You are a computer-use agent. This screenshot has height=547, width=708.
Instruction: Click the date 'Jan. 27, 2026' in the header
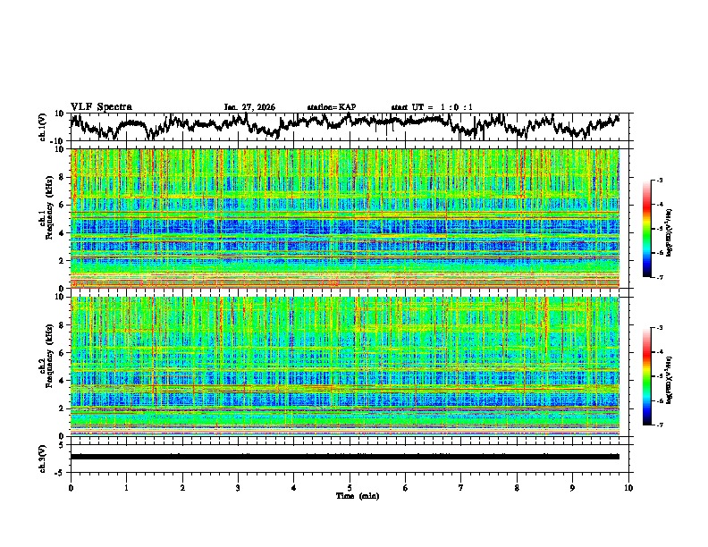249,107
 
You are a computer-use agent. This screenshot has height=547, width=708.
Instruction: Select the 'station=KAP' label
332,107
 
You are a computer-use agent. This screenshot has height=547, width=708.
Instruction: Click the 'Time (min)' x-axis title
350,495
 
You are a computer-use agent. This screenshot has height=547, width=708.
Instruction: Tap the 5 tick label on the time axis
350,487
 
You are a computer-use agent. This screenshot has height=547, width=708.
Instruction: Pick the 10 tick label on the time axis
628,487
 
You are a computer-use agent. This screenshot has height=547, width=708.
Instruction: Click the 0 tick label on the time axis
71,487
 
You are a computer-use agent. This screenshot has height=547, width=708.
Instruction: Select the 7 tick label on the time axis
461,487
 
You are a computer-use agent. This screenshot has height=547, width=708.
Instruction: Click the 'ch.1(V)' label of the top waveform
43,127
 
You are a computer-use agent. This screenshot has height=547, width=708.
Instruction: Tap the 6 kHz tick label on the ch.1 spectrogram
62,206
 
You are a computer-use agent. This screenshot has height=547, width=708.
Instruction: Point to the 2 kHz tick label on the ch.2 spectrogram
62,408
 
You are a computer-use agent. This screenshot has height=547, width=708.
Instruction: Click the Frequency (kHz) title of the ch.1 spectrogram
48,217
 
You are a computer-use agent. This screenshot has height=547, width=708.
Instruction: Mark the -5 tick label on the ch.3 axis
60,470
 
